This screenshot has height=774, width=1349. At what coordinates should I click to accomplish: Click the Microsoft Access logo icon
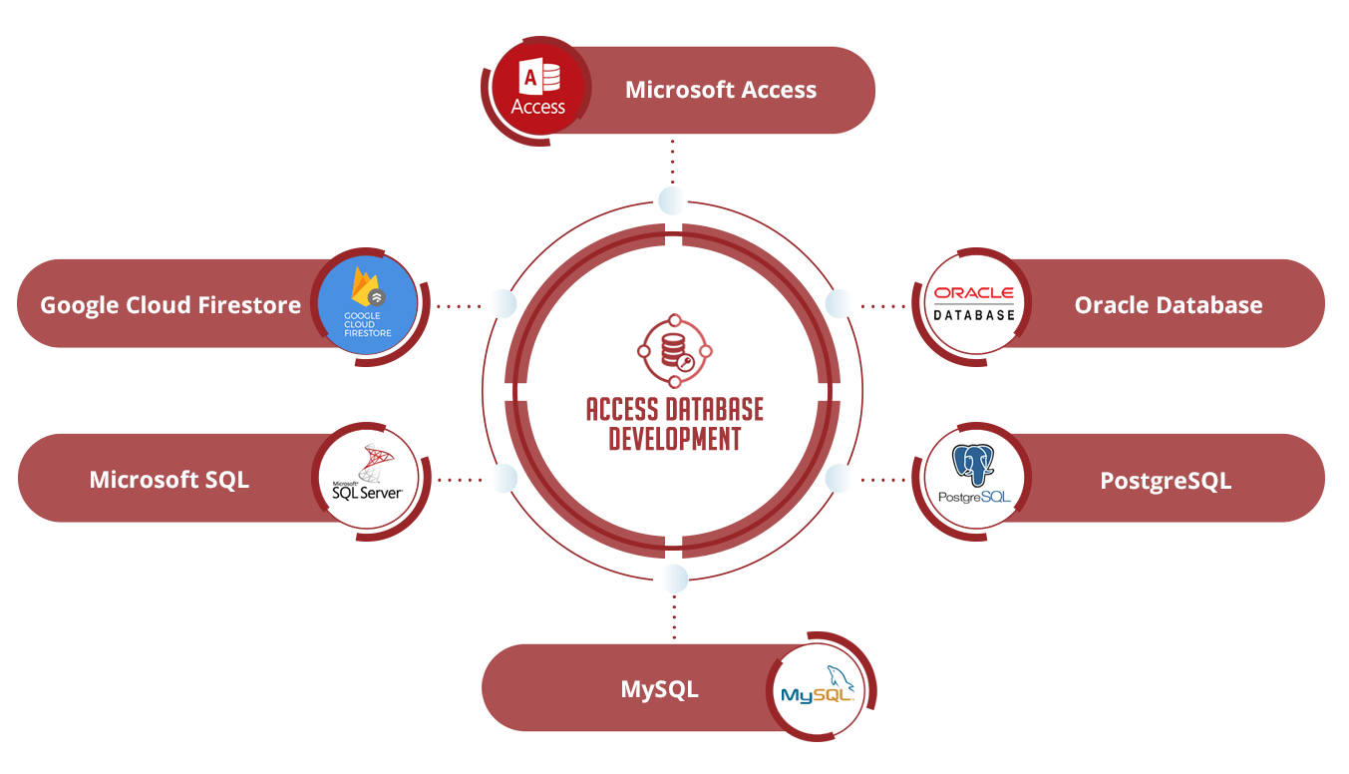coord(537,90)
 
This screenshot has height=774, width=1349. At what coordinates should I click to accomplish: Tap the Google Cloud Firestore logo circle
coord(368,304)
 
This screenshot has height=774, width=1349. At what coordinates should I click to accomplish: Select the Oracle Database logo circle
coord(974,304)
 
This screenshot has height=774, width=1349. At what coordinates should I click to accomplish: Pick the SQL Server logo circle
coord(368,479)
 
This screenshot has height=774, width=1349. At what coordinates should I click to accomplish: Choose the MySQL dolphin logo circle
coord(818,689)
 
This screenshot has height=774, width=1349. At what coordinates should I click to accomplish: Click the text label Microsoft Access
coord(720,90)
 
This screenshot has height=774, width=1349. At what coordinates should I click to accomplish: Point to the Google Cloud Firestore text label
coord(170,305)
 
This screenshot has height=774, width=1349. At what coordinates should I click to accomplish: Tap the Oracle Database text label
coord(1168,305)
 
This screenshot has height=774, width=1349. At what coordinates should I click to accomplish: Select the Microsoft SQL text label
coord(169,480)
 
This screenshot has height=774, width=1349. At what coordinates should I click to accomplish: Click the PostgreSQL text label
coord(1166,481)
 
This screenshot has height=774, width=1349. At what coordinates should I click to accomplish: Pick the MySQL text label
coord(659,689)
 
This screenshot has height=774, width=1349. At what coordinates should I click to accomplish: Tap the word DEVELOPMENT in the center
coord(675,439)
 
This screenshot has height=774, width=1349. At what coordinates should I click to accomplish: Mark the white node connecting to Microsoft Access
coord(673,200)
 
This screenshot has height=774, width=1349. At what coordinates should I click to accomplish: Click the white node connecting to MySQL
coord(674,579)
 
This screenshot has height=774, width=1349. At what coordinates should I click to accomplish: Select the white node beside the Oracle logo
coord(840,304)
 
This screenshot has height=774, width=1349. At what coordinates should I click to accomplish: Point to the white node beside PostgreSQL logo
coord(840,479)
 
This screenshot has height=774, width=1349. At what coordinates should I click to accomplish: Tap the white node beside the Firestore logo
coord(502,304)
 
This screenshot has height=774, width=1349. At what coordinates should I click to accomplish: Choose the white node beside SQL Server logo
coord(503,479)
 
